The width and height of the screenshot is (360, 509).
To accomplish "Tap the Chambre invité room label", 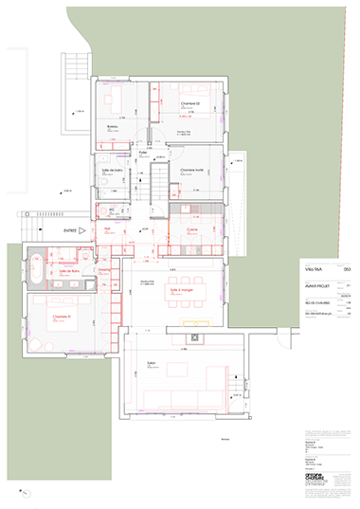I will point(192,168).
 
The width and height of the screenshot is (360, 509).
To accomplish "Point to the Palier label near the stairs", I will point(143,153).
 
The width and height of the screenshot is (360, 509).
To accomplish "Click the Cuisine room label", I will point(191,229).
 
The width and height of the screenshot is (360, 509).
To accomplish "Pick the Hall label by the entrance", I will point(108,228).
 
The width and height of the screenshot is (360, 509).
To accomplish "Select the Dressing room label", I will point(103,269).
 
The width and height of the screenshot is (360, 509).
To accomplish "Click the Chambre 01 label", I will point(62,315).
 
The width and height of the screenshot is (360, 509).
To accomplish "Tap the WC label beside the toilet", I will point(112,209).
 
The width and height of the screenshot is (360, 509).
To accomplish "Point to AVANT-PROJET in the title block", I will point(315,284).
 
